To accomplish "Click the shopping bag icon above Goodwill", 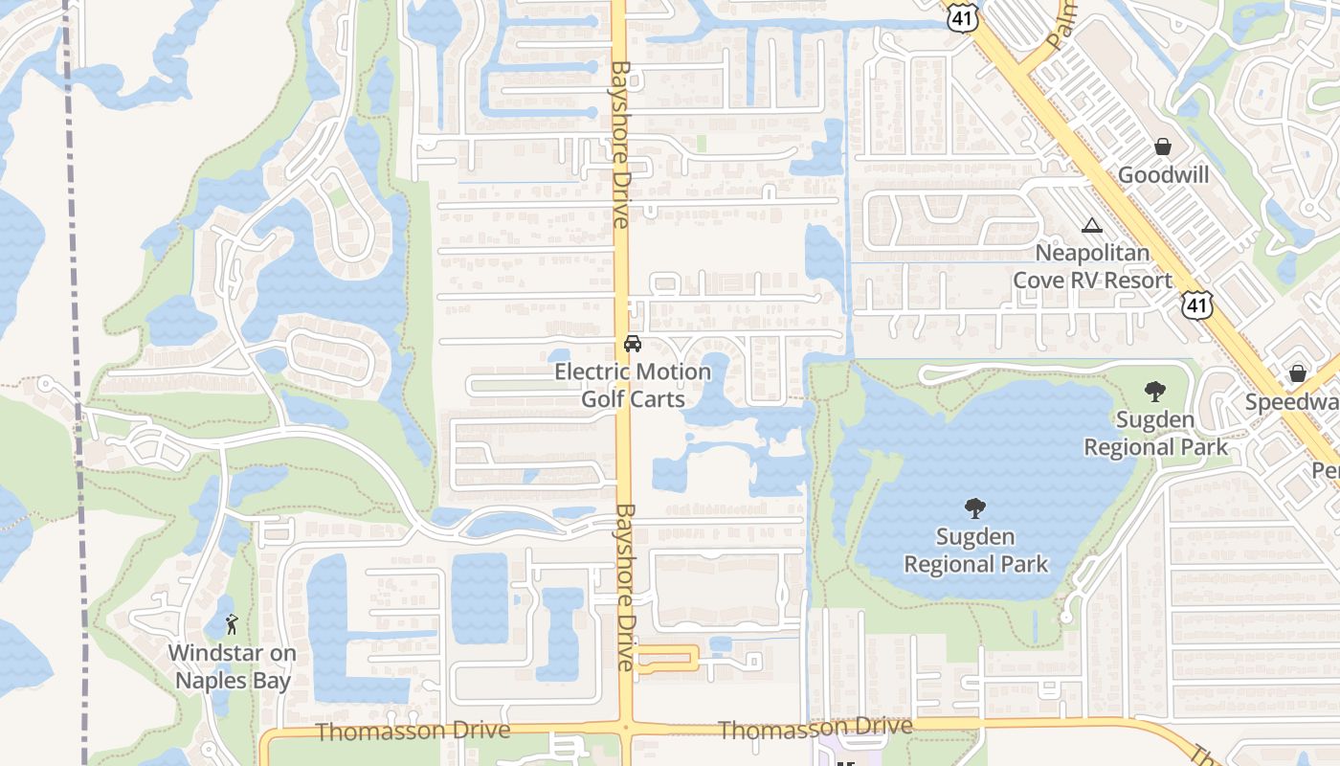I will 1163,146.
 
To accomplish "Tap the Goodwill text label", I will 1163,175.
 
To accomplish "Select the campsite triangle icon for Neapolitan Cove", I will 1091,226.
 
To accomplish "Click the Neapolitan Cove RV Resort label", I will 1092,266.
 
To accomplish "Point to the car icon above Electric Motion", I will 632,344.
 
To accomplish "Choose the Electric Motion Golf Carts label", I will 633,385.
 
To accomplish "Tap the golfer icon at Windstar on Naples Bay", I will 231,625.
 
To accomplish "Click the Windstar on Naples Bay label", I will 232,667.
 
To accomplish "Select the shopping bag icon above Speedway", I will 1298,373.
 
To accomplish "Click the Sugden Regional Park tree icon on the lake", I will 975,508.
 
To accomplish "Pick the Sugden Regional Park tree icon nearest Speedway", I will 1154,392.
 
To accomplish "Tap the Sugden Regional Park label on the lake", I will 976,551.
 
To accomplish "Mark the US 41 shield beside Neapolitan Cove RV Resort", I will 1195,305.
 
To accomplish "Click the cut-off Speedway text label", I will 1292,402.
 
